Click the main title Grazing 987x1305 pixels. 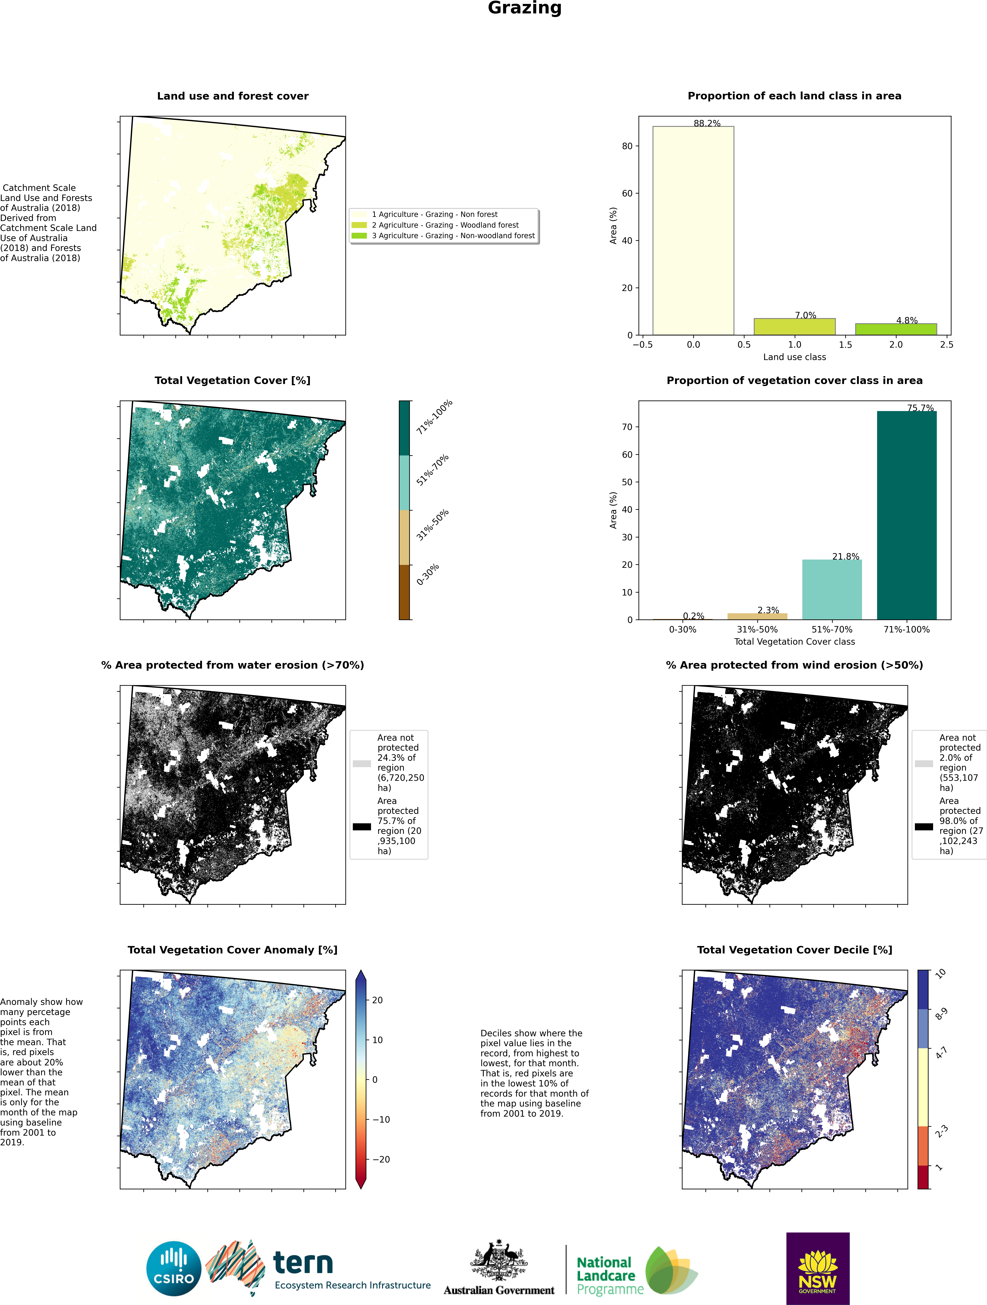tap(524, 8)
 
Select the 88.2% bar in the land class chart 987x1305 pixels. tap(693, 231)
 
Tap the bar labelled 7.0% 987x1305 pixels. tap(795, 327)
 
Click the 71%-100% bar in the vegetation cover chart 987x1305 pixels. tap(907, 515)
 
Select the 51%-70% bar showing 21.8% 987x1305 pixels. tap(832, 589)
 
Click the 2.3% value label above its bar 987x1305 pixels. tap(768, 610)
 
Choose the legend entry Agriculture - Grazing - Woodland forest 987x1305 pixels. tap(445, 225)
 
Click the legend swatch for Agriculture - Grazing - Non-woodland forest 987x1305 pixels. tap(359, 235)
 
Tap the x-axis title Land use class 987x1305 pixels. tap(795, 357)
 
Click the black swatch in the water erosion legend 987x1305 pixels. tap(362, 827)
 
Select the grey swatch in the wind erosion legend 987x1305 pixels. tap(924, 763)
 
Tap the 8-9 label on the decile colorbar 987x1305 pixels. tap(942, 1014)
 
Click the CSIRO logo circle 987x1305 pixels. tap(174, 1268)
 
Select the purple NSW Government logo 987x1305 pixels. tap(818, 1268)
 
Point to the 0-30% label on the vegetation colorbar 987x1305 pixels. tap(428, 575)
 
